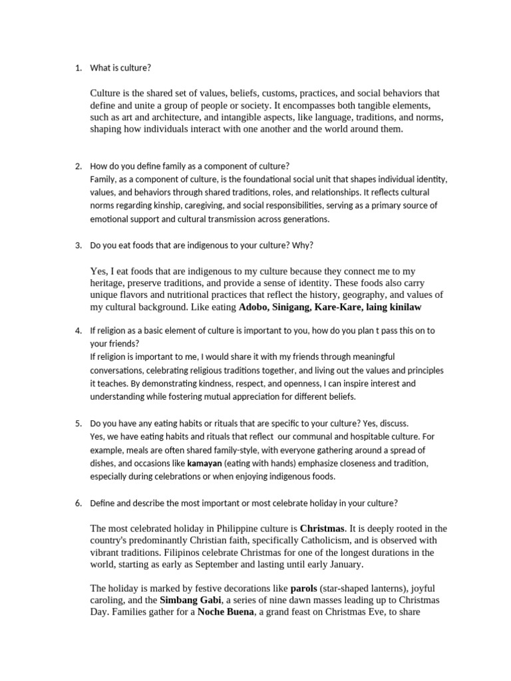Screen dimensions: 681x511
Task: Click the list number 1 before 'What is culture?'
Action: pos(77,68)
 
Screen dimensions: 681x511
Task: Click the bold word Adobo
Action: pos(256,307)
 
